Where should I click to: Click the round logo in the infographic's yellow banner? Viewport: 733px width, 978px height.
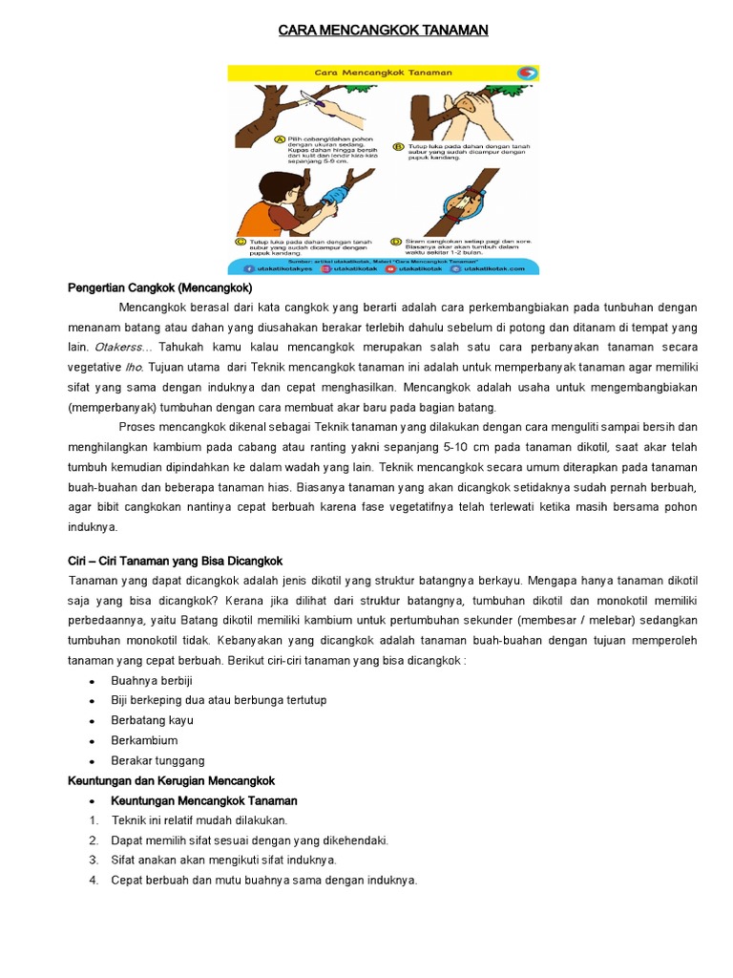point(526,73)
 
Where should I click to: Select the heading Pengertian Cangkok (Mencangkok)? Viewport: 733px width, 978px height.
point(159,287)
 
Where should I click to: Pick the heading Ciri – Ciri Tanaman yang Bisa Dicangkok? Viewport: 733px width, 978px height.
point(175,560)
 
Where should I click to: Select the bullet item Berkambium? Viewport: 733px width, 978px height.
point(144,740)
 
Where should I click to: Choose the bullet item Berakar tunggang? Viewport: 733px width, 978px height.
point(157,760)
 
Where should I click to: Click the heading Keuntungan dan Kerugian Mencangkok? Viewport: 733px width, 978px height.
point(171,780)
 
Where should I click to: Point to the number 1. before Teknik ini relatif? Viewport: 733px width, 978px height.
point(94,820)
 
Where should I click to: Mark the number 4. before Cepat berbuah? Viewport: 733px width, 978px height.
point(94,881)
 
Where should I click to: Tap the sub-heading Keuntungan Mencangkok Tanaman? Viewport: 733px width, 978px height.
point(203,800)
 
